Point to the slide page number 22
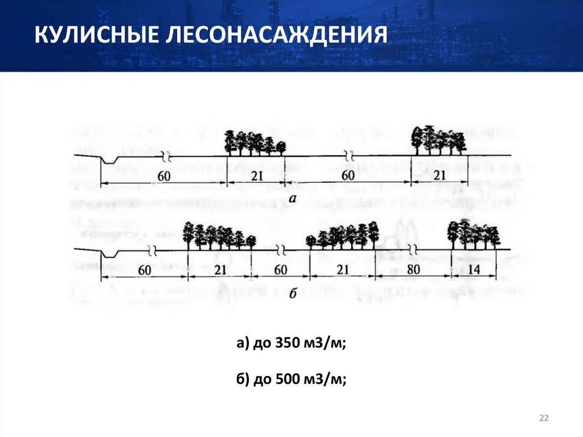[543, 419]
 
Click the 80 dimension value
[413, 269]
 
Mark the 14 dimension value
[473, 269]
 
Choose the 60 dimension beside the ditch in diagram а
[164, 176]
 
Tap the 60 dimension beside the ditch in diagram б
[144, 269]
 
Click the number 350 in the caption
[286, 344]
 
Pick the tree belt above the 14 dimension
[473, 234]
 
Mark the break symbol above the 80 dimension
[414, 250]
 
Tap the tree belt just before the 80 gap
[342, 235]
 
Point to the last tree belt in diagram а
[438, 140]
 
